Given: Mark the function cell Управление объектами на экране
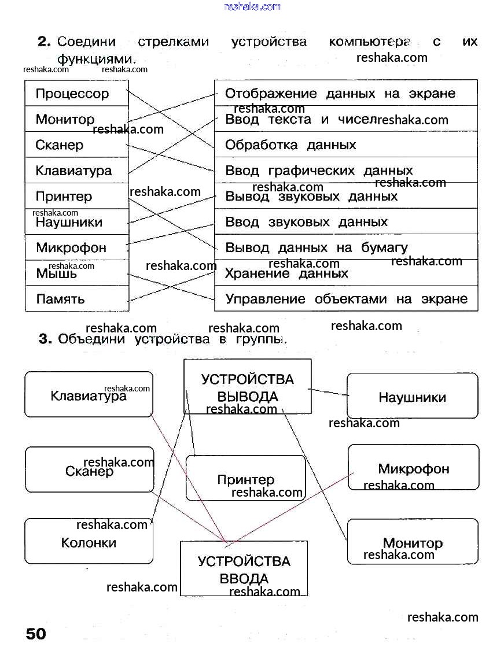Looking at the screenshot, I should coord(345,299).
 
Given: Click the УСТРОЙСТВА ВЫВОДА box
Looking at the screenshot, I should coord(248,387).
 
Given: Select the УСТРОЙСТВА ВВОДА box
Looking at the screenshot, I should coord(244,569).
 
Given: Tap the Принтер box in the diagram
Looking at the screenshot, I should coord(245,479).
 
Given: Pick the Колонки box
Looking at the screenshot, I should coord(89,542).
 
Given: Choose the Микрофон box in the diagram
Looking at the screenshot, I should coord(413,468).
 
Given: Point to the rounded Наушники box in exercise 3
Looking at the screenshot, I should coord(412,397).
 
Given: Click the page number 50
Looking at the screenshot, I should coord(35,634).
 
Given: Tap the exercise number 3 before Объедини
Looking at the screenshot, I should coord(46,339).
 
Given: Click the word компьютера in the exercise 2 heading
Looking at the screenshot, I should coord(369,42).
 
